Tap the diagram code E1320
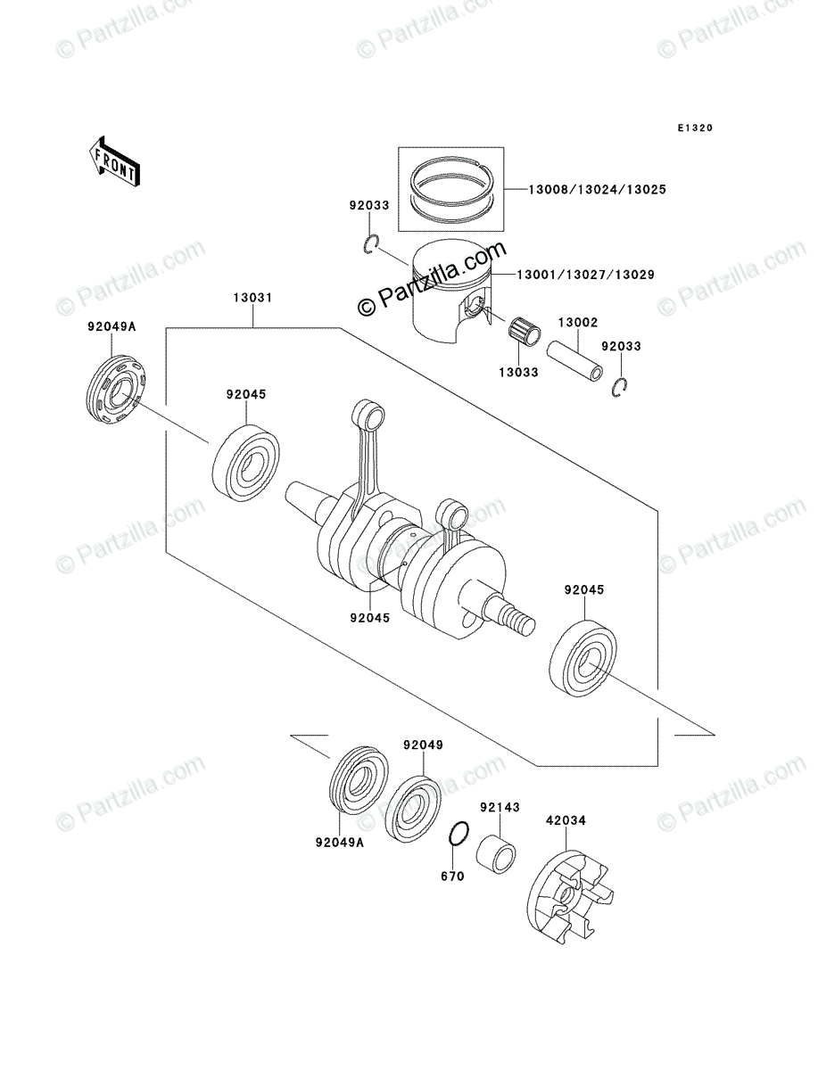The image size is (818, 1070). (x=694, y=128)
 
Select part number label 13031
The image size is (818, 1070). (x=253, y=298)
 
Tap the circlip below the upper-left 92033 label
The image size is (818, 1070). (x=374, y=245)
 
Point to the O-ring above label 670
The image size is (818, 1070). (x=459, y=835)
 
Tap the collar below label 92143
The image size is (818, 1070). (x=497, y=857)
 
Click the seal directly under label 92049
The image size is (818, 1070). (x=417, y=807)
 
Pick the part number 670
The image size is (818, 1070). (x=452, y=877)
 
